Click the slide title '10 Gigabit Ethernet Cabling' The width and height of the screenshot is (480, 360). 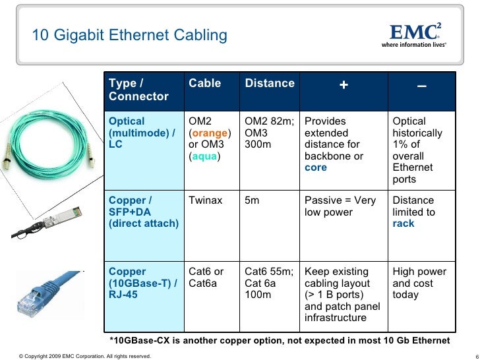pyautogui.click(x=130, y=35)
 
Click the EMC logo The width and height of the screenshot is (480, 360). pyautogui.click(x=415, y=34)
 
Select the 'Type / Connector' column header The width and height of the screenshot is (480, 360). pyautogui.click(x=138, y=90)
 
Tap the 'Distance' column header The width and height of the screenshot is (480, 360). pyautogui.click(x=270, y=84)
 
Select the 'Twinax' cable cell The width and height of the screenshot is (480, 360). pyautogui.click(x=204, y=200)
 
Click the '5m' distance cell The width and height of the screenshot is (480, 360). pyautogui.click(x=252, y=200)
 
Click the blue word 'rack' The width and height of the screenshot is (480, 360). pyautogui.click(x=404, y=224)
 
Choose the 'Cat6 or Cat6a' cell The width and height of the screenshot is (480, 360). pyautogui.click(x=206, y=277)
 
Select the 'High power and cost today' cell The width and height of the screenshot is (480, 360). pyautogui.click(x=419, y=283)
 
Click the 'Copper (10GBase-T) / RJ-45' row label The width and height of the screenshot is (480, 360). pyautogui.click(x=142, y=283)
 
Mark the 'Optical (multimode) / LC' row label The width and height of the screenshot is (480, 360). pyautogui.click(x=142, y=133)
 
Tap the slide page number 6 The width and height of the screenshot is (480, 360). pyautogui.click(x=476, y=356)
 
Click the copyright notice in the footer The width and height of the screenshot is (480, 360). pyautogui.click(x=76, y=356)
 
